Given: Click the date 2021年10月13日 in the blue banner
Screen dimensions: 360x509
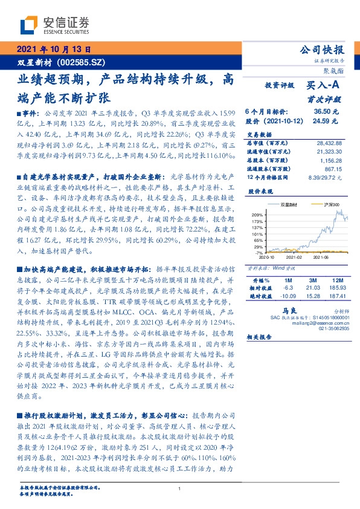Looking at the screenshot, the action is (53, 50).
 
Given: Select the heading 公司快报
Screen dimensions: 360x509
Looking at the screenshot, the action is (323, 50).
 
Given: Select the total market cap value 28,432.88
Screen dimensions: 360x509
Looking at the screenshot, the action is (329, 142).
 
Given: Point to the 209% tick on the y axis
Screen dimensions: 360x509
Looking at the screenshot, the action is (257, 215).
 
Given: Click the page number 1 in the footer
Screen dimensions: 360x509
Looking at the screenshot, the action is (180, 489).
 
